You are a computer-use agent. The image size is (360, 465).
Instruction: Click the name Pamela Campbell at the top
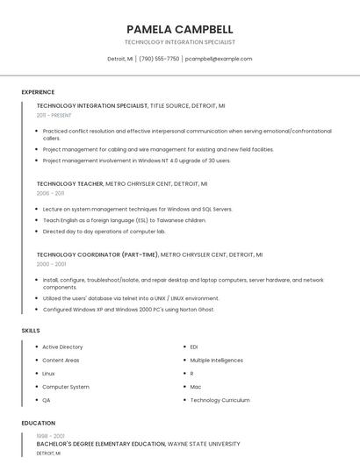tap(179, 29)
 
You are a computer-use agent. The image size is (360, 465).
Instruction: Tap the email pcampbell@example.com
tap(219, 59)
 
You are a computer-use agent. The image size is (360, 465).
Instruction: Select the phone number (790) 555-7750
tap(159, 59)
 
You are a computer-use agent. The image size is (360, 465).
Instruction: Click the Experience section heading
tap(38, 92)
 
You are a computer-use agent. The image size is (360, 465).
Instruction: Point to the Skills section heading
tap(31, 330)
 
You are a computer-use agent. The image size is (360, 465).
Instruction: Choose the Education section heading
tap(39, 423)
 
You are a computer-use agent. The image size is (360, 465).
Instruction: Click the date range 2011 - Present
tap(54, 115)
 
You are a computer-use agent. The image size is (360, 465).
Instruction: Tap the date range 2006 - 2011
tap(50, 193)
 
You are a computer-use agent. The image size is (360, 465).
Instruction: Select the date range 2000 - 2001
tap(51, 263)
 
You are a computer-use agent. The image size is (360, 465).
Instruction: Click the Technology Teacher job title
tap(69, 184)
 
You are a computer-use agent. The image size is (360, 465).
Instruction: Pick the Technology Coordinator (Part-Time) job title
tap(97, 254)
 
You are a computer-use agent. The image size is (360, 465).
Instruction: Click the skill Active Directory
tap(62, 347)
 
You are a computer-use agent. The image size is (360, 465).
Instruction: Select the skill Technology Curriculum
tap(220, 400)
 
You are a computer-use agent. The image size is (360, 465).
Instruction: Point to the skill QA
tap(47, 400)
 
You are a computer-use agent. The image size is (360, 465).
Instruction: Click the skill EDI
tap(194, 347)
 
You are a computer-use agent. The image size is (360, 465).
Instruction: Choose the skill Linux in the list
tap(48, 373)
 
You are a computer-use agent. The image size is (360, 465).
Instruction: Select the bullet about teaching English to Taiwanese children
tap(124, 220)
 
